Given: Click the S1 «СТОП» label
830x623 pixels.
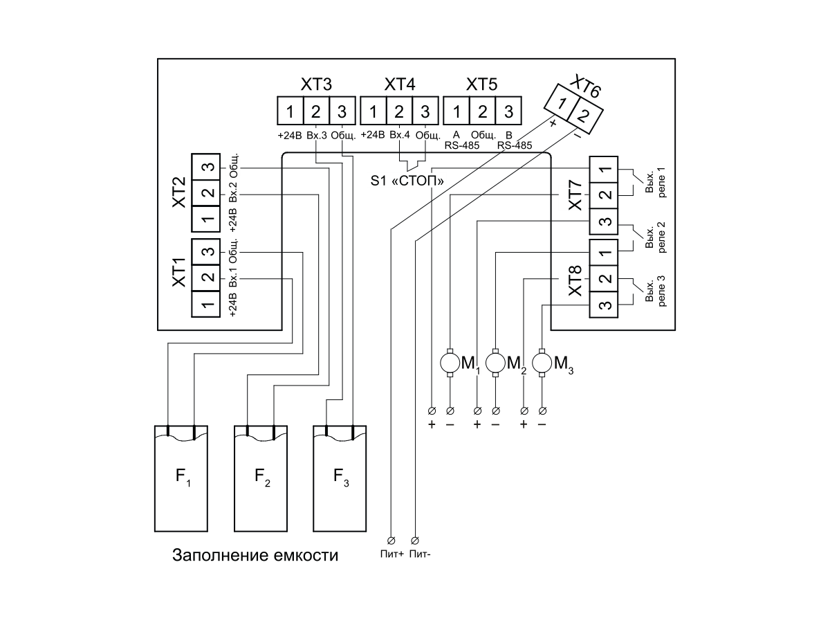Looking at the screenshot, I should [x=406, y=181].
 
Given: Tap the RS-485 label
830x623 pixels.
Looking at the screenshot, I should [x=513, y=146].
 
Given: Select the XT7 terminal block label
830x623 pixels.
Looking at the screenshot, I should [x=572, y=198].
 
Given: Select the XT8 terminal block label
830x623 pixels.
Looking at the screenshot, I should [x=572, y=284].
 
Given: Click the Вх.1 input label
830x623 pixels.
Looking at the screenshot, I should [x=233, y=277].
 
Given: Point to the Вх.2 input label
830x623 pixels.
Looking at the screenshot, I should [x=233, y=192].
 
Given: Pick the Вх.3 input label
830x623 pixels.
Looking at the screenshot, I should [x=316, y=135].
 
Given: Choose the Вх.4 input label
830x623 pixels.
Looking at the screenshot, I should [x=399, y=135].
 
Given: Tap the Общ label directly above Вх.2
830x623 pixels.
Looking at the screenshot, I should [x=233, y=167].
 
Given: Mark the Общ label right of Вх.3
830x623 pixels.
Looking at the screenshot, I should [x=340, y=135].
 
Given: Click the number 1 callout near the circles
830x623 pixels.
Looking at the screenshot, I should [x=477, y=371].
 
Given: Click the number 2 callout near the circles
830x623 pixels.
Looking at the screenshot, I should [x=524, y=371].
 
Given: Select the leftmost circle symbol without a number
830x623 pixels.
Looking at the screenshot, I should [x=450, y=362].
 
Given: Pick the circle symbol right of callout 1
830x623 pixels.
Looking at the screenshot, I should [x=496, y=362].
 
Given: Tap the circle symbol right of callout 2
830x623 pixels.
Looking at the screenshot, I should [x=542, y=362].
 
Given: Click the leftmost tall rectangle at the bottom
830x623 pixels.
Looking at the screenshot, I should [x=181, y=479].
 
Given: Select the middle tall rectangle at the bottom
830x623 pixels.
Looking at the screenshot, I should [x=261, y=479].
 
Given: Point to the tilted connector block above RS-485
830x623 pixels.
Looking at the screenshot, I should [x=573, y=109].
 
